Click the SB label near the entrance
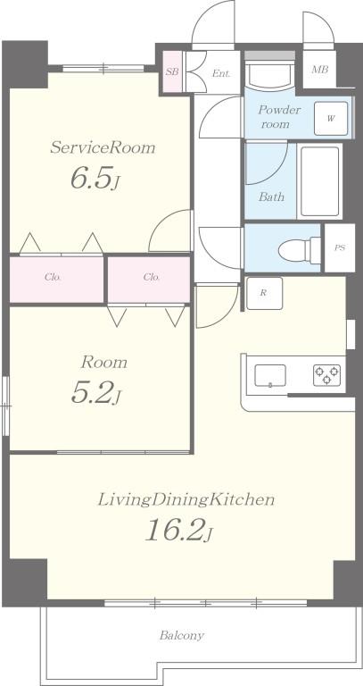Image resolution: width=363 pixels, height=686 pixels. click(x=171, y=72)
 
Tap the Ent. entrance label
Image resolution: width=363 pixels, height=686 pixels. click(x=221, y=73)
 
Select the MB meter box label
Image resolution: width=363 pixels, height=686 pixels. click(x=320, y=70)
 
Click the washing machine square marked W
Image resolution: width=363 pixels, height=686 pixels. click(x=331, y=118)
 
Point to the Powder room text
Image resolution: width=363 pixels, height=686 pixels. click(x=278, y=116)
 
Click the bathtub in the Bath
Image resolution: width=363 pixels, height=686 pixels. click(x=320, y=180)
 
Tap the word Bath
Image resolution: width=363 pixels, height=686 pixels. click(x=271, y=197)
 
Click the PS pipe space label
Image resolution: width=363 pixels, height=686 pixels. click(x=340, y=248)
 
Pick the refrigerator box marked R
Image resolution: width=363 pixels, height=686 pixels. click(x=264, y=293)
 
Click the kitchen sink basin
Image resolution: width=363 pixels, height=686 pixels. click(x=270, y=375)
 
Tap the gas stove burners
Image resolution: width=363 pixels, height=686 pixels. click(x=326, y=375)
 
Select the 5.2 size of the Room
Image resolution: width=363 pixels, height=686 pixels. click(x=95, y=392)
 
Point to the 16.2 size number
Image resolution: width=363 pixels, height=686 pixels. click(x=178, y=530)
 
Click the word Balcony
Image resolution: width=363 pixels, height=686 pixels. click(x=181, y=635)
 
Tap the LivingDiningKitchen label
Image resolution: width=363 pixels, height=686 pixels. click(x=186, y=499)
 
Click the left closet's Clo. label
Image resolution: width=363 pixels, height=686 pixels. click(x=53, y=277)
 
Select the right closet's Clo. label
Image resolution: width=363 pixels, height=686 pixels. click(x=152, y=277)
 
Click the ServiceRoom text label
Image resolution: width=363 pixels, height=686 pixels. click(x=103, y=147)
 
